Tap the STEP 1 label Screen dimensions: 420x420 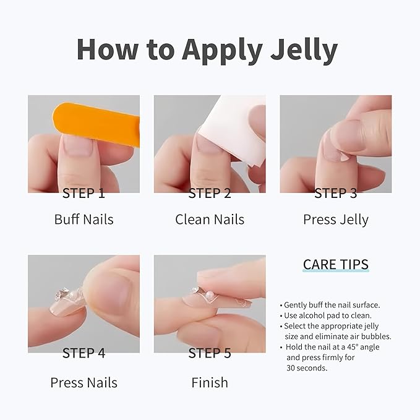(84, 193)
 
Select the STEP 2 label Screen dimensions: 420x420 (210, 193)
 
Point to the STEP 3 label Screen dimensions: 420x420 (335, 193)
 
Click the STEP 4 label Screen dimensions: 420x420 (84, 353)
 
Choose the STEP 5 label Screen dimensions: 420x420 (210, 353)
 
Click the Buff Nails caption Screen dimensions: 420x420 (84, 219)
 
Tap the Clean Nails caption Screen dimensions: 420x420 (210, 219)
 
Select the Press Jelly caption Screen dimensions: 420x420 (336, 219)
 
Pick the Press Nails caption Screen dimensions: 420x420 (84, 382)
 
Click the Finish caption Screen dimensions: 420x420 (210, 382)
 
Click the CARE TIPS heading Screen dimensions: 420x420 (336, 265)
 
